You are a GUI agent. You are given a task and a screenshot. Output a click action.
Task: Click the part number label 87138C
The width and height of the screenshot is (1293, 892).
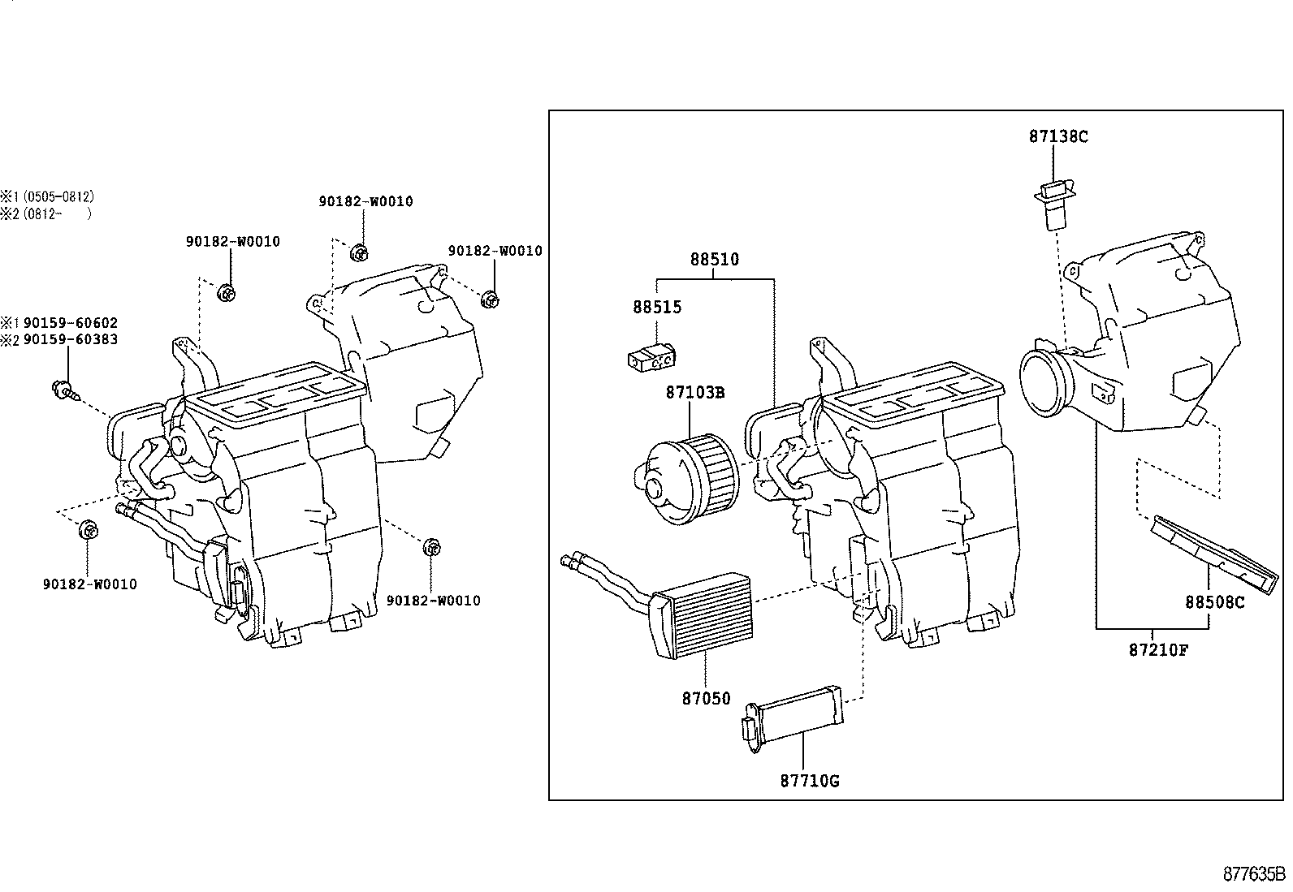pyautogui.click(x=1057, y=137)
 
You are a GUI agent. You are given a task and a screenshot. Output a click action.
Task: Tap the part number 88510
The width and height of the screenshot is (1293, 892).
pyautogui.click(x=715, y=260)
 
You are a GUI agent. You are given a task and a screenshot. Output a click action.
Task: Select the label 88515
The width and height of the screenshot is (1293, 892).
pyautogui.click(x=657, y=308)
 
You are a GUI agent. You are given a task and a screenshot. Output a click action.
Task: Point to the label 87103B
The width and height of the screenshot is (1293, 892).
pyautogui.click(x=694, y=393)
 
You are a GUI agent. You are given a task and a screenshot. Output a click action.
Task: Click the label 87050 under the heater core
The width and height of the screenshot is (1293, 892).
pyautogui.click(x=706, y=698)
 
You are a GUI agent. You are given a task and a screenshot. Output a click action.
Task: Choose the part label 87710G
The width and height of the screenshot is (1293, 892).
pyautogui.click(x=809, y=781)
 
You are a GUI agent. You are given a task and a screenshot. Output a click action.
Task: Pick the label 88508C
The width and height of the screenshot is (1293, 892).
pyautogui.click(x=1214, y=602)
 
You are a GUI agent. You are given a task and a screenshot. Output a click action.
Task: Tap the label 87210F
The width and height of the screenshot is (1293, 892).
pyautogui.click(x=1158, y=649)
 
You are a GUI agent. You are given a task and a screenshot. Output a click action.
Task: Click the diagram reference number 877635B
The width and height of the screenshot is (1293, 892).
pyautogui.click(x=1254, y=874)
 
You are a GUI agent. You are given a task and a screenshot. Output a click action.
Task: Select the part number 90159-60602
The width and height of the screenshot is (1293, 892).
pyautogui.click(x=71, y=323)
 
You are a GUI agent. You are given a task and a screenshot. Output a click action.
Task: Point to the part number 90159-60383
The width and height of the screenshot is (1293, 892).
pyautogui.click(x=71, y=339)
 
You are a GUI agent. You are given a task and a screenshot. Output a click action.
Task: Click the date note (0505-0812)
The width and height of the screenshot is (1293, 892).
pyautogui.click(x=58, y=196)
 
